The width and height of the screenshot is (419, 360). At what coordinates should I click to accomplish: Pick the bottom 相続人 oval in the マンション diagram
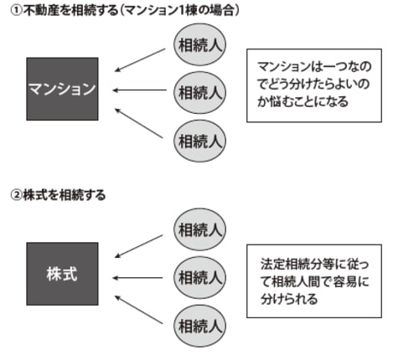click(x=199, y=138)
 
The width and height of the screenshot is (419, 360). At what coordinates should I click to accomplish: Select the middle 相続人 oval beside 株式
click(x=199, y=274)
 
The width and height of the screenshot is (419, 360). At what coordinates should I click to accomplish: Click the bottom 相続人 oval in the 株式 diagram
click(x=199, y=322)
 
